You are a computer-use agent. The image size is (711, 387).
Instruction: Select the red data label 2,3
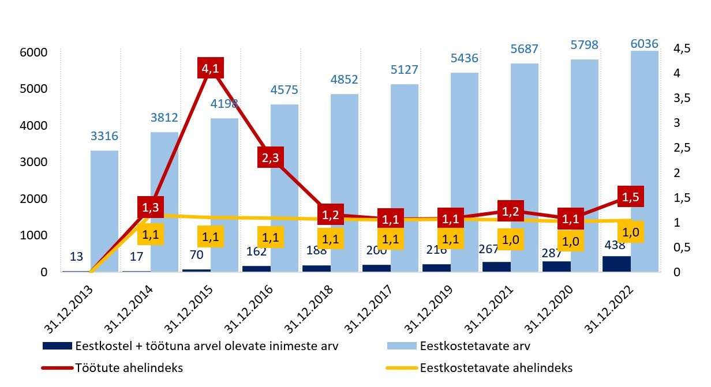(270, 158)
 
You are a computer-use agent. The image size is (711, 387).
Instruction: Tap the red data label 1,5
(631, 197)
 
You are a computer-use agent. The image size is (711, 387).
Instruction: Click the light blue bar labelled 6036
(645, 161)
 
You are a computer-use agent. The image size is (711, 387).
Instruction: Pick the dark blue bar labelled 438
(616, 264)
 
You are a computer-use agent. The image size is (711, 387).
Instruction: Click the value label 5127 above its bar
(404, 70)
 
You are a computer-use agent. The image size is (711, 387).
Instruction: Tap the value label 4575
(285, 90)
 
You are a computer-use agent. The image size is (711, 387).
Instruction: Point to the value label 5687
(524, 49)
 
